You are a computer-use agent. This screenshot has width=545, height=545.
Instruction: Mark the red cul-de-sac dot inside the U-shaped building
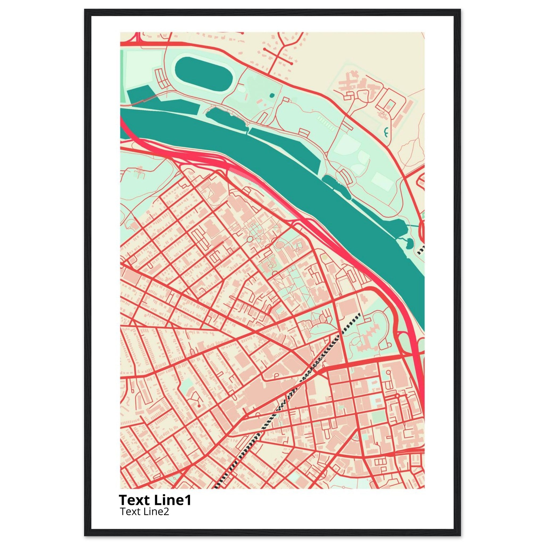199,406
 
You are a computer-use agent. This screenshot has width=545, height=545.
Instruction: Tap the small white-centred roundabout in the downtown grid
397,396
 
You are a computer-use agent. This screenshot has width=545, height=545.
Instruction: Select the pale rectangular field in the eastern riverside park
383,181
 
